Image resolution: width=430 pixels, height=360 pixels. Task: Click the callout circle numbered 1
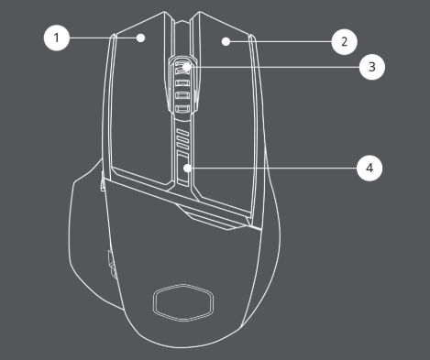pyautogui.click(x=56, y=38)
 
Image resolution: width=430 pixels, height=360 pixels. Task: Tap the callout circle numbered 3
pyautogui.click(x=371, y=67)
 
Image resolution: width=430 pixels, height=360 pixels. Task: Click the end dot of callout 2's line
pyautogui.click(x=225, y=42)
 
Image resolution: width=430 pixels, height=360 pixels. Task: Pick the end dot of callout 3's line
pyautogui.click(x=187, y=67)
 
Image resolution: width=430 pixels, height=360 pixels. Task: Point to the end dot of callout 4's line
pyautogui.click(x=187, y=169)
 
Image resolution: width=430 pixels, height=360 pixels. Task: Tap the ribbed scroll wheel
pyautogui.click(x=184, y=87)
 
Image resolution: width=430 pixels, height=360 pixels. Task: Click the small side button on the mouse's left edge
pyautogui.click(x=108, y=266)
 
